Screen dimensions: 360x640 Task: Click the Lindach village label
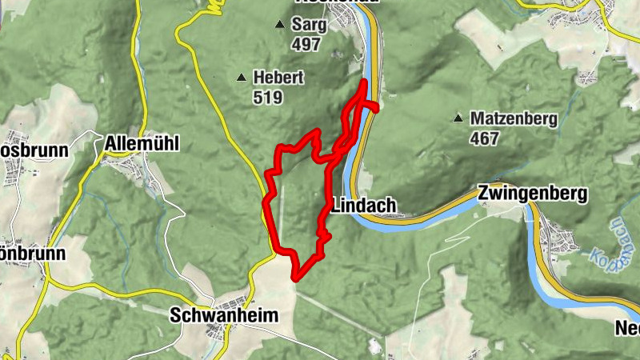pos(363,206)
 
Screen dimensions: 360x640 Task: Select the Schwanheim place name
pos(224,316)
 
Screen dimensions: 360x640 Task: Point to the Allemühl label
pos(142,144)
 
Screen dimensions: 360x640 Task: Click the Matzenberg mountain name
pos(513,118)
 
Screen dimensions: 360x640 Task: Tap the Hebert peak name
pos(278,78)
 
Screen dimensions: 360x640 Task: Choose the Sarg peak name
pos(310,25)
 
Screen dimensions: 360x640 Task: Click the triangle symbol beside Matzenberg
pos(458,118)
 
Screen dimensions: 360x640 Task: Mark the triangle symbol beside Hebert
pos(241,78)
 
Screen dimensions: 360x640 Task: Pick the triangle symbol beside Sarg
pos(279,25)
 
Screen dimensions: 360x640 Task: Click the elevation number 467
pos(485,138)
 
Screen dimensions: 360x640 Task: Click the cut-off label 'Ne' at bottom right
pos(626,328)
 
